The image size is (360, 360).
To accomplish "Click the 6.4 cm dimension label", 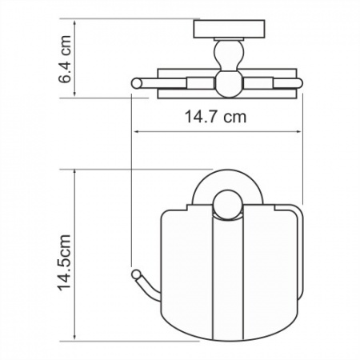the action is (x=65, y=59).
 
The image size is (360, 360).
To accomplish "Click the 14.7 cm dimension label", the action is (x=215, y=117).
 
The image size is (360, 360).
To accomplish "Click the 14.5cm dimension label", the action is (x=64, y=262).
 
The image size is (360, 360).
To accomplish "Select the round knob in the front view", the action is (x=228, y=205).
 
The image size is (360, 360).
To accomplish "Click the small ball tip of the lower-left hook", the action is (x=136, y=274).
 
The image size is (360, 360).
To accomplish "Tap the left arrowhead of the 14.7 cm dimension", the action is (x=136, y=131).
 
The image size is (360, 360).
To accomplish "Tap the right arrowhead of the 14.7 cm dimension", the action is (x=298, y=131).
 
